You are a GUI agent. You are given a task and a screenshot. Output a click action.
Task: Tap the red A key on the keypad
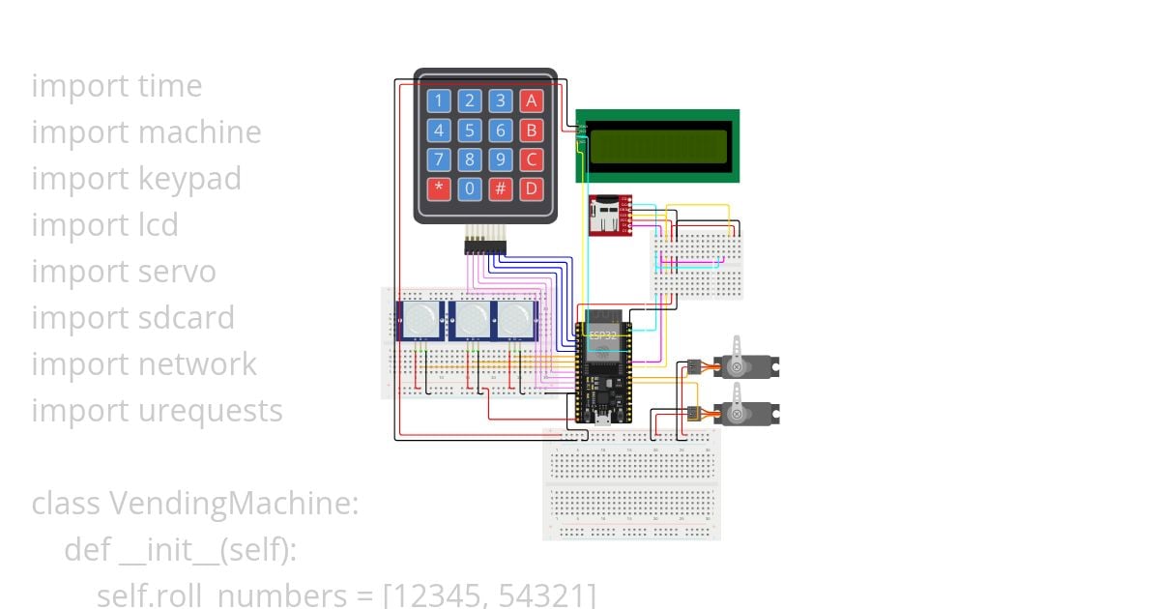click(531, 101)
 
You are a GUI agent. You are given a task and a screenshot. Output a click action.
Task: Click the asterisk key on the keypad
click(440, 188)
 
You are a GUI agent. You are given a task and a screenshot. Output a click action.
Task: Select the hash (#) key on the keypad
click(500, 188)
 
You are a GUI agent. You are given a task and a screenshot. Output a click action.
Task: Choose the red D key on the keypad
click(531, 188)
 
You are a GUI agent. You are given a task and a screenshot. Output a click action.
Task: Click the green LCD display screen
click(658, 146)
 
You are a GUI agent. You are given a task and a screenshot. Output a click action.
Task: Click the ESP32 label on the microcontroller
click(602, 334)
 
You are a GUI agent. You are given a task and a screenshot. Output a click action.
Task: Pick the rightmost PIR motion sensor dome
click(517, 320)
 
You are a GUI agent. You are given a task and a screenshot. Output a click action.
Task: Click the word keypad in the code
click(189, 179)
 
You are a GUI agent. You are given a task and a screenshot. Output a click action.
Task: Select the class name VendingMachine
click(233, 504)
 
